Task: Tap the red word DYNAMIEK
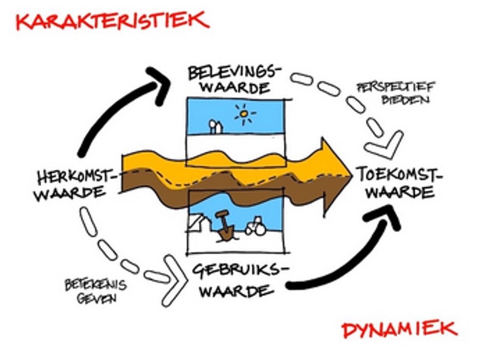pyautogui.click(x=400, y=330)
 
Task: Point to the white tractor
pyautogui.click(x=256, y=228)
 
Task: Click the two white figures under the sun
pyautogui.click(x=215, y=126)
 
